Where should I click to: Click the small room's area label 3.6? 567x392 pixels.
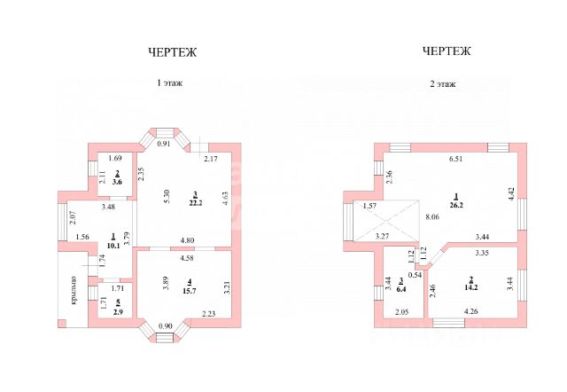coord(117,181)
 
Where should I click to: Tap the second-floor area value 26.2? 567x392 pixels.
coord(456,202)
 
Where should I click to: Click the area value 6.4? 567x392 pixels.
coord(400,287)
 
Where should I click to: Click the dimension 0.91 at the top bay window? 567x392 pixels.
coord(163,145)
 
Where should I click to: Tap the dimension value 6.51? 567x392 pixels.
coord(455,160)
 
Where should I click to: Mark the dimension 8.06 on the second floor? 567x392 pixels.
coord(432,217)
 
